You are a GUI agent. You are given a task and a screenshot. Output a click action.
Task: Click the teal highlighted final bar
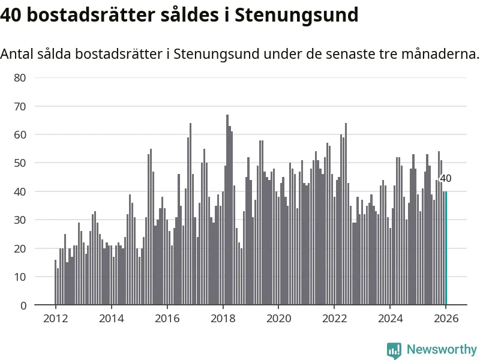tap(446, 248)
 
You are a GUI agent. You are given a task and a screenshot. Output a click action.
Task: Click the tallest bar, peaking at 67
tap(227, 210)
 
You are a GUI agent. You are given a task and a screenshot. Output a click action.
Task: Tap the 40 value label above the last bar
tap(446, 178)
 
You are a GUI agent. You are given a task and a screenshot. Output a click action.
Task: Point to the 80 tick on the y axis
tap(20, 77)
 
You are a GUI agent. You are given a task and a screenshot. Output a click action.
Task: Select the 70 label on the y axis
tap(20, 106)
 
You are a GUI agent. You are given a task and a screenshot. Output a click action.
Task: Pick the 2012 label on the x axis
tap(55, 319)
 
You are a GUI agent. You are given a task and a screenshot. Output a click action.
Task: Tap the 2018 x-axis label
tap(223, 319)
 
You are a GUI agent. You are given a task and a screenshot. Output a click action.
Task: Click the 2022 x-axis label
tap(335, 319)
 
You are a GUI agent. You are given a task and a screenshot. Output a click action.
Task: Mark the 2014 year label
tap(111, 319)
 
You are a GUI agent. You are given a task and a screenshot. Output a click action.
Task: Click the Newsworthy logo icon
tap(394, 350)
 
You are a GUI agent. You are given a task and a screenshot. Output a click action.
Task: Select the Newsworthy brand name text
tap(442, 349)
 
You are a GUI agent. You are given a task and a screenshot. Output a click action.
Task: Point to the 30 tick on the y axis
tap(20, 220)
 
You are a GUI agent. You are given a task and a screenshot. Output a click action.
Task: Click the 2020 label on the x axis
tap(279, 319)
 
